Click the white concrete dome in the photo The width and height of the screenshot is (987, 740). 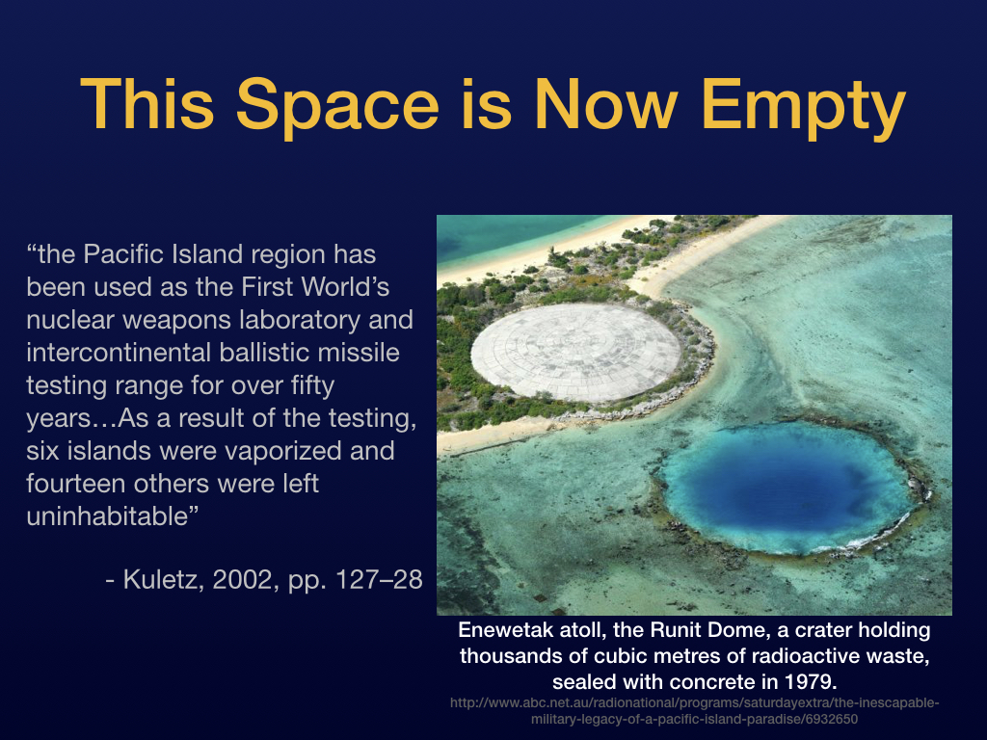[576, 351]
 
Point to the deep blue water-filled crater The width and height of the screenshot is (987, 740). [787, 488]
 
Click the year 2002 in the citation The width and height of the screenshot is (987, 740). [242, 579]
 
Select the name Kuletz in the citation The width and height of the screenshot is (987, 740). [161, 579]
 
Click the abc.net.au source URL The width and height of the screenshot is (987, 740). [694, 711]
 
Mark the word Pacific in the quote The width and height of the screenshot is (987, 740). [115, 254]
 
